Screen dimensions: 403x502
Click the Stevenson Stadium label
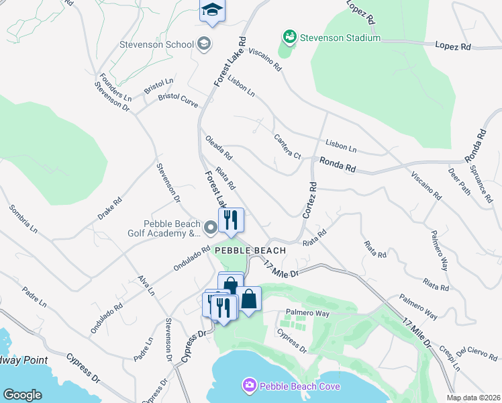tap(340, 38)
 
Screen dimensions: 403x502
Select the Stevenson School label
tap(156, 45)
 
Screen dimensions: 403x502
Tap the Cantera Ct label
tap(287, 146)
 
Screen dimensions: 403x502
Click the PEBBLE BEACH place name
tap(250, 251)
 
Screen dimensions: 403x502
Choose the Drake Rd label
tap(109, 208)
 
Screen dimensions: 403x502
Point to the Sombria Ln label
tap(23, 219)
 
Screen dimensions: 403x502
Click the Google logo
tap(22, 395)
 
